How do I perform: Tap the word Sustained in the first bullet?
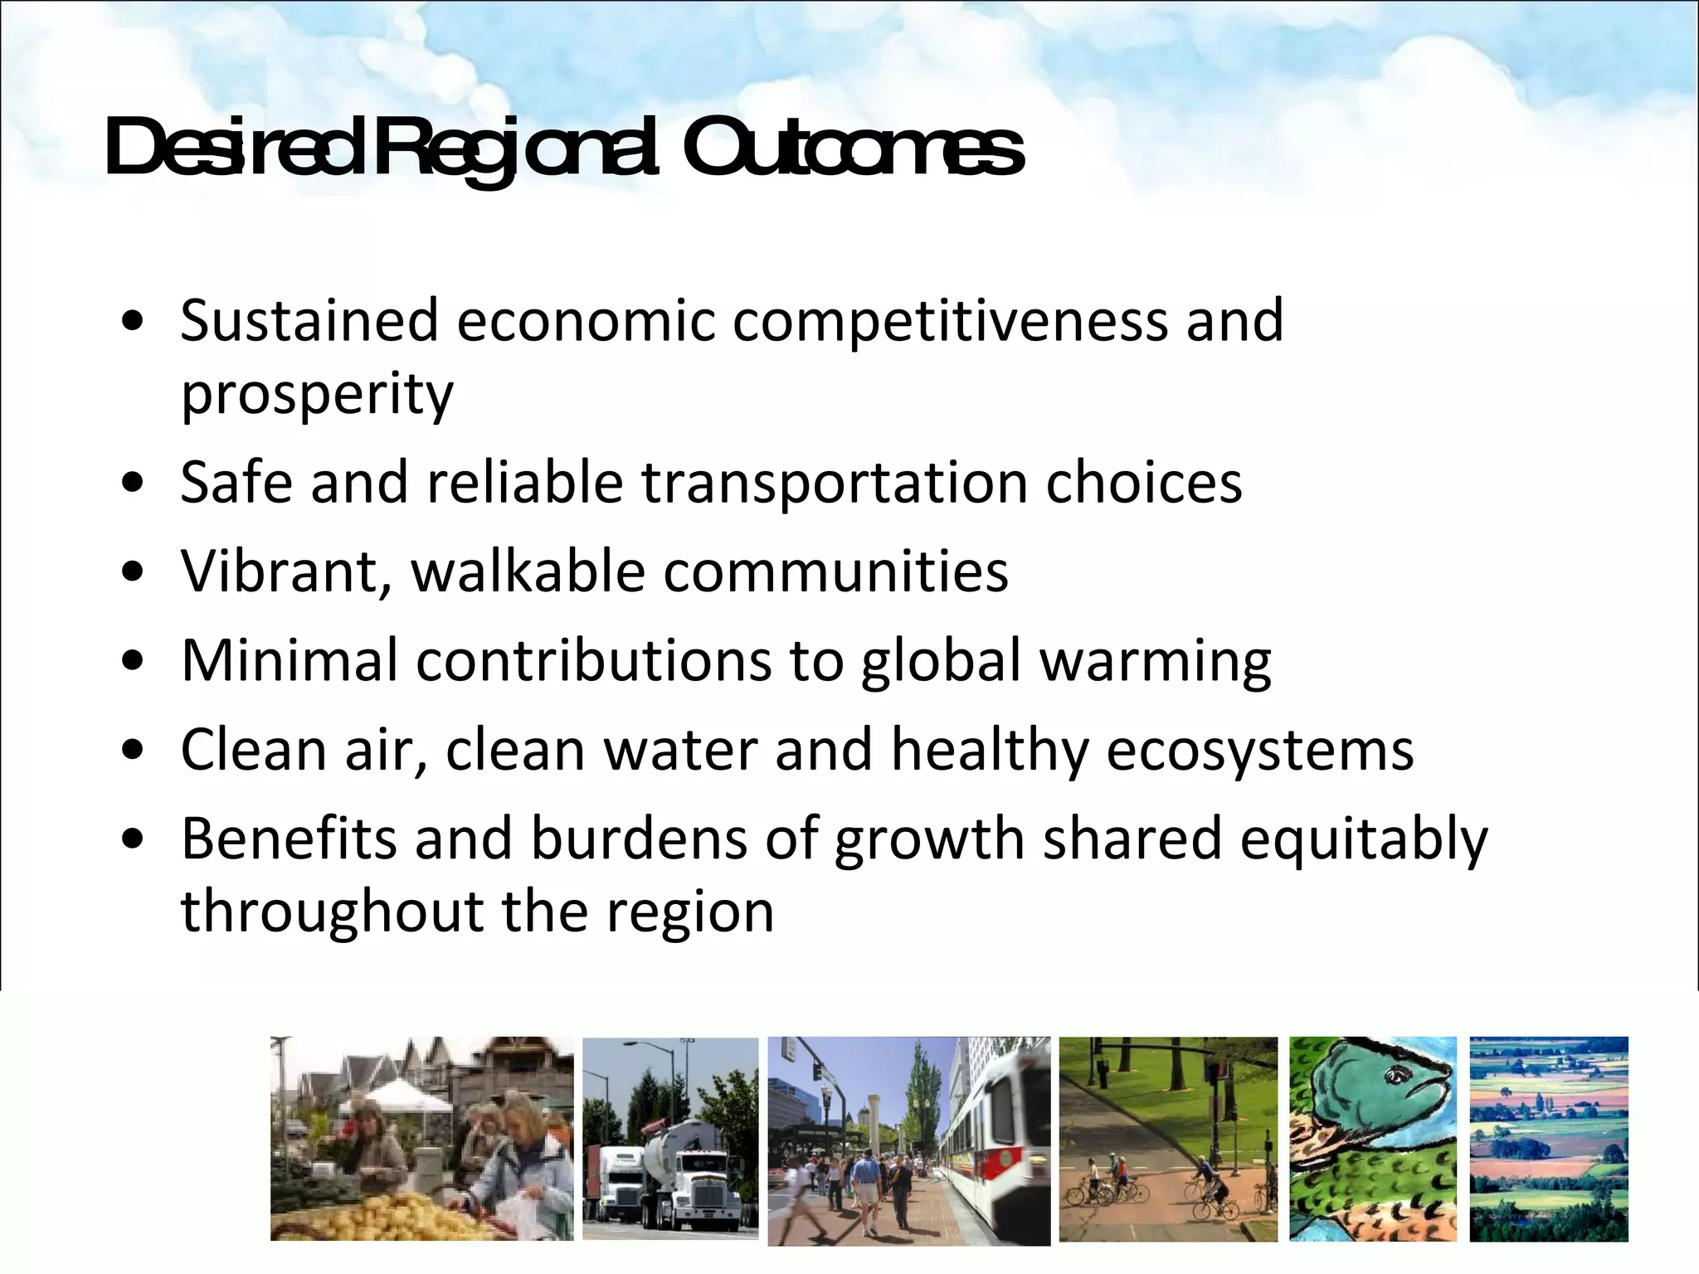coord(309,321)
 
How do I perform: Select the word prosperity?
coord(317,395)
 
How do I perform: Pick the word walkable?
coord(528,572)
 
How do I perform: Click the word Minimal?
coord(290,661)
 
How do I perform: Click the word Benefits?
coord(289,839)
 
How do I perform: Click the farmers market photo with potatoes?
coord(421,1138)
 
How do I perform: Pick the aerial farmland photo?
coord(1548,1138)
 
